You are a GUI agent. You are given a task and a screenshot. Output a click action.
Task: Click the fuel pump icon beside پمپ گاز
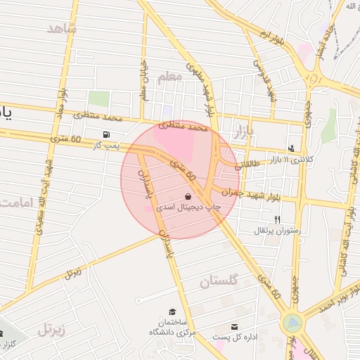[106, 134]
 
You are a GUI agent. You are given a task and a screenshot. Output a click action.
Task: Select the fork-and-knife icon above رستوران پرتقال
[277, 219]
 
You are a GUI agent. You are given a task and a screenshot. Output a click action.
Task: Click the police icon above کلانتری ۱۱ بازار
[292, 148]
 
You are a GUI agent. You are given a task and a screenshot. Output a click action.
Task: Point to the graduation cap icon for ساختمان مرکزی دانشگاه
[172, 311]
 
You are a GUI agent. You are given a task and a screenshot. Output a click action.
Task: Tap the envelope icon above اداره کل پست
[234, 327]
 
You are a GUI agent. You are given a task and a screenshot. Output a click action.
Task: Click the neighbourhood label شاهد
[61, 28]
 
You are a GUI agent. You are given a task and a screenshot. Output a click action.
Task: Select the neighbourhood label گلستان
[219, 281]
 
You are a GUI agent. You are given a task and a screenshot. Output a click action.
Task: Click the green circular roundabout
[290, 323]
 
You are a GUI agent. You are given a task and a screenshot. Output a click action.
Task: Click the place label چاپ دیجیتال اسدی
[188, 208]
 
